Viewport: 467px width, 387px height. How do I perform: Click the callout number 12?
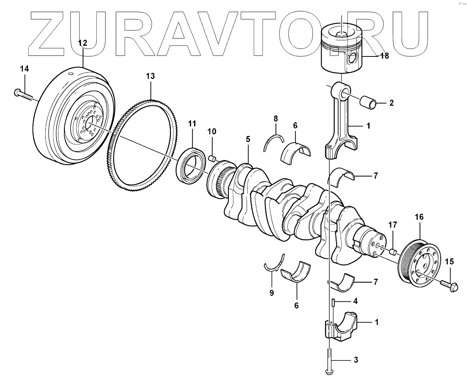click(82, 43)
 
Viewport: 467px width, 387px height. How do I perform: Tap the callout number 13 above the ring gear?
click(150, 76)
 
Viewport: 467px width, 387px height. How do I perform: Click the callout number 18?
click(385, 56)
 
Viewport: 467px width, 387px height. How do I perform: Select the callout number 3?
click(356, 360)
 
